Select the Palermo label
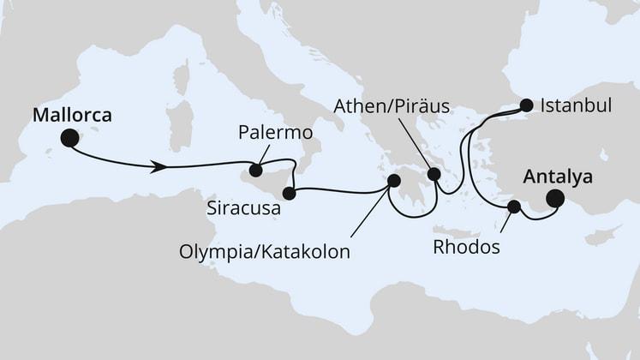(273, 135)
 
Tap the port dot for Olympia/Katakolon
(394, 181)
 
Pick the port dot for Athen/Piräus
(434, 174)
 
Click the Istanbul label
(576, 106)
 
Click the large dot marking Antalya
(555, 199)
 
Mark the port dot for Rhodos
(514, 207)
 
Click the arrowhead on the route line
(159, 165)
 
